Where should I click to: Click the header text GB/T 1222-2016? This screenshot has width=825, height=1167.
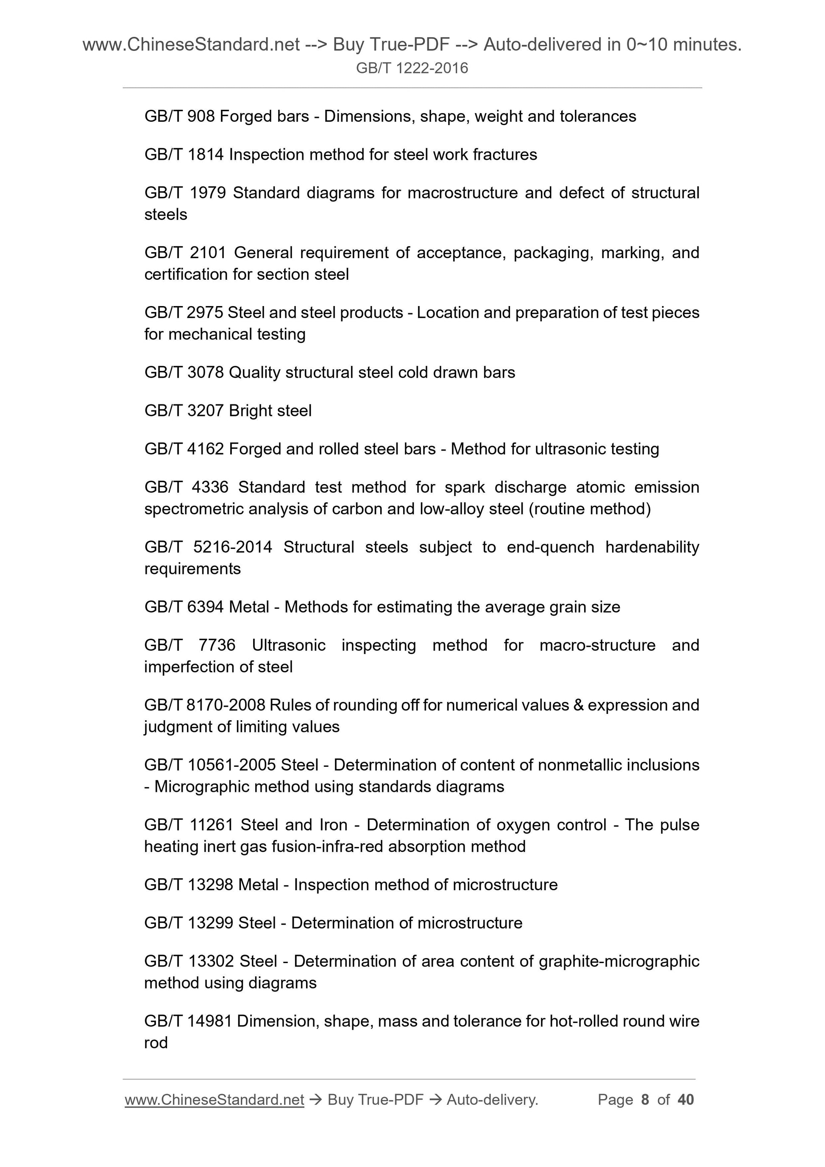click(x=412, y=68)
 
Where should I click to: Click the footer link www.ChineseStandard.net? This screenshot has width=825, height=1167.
click(x=214, y=1100)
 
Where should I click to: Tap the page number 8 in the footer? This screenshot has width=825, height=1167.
click(x=645, y=1100)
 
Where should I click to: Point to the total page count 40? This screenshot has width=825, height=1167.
click(x=686, y=1100)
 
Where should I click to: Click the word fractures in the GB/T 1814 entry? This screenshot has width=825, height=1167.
click(x=504, y=155)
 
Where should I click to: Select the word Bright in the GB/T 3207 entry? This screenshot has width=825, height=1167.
click(x=248, y=411)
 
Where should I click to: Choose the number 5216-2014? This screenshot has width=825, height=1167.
click(x=232, y=547)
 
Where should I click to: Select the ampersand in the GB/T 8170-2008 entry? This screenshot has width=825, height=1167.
click(x=578, y=705)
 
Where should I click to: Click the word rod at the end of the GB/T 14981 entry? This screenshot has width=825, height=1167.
click(x=156, y=1042)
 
